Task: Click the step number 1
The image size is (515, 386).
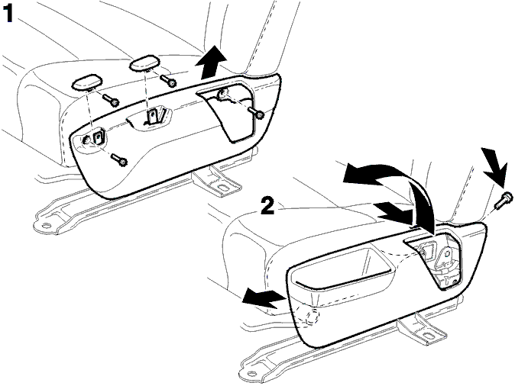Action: [7, 14]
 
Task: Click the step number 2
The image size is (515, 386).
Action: [267, 205]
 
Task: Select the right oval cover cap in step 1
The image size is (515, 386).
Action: [145, 63]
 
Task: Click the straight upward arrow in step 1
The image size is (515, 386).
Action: [211, 63]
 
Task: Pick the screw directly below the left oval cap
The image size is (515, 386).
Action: [111, 100]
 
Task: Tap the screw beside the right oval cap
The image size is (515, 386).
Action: [168, 81]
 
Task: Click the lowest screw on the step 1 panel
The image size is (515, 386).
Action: [119, 159]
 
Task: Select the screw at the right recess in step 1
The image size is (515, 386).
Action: [256, 112]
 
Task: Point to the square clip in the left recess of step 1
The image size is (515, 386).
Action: [99, 136]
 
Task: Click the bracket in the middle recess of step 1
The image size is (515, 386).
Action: [153, 116]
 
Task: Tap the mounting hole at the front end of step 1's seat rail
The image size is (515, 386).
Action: [47, 226]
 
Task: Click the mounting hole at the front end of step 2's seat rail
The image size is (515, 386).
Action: [252, 373]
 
